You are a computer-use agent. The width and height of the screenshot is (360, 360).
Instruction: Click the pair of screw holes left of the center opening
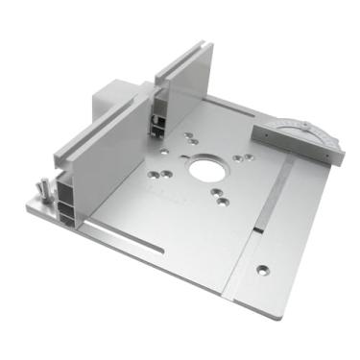point(162,173)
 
